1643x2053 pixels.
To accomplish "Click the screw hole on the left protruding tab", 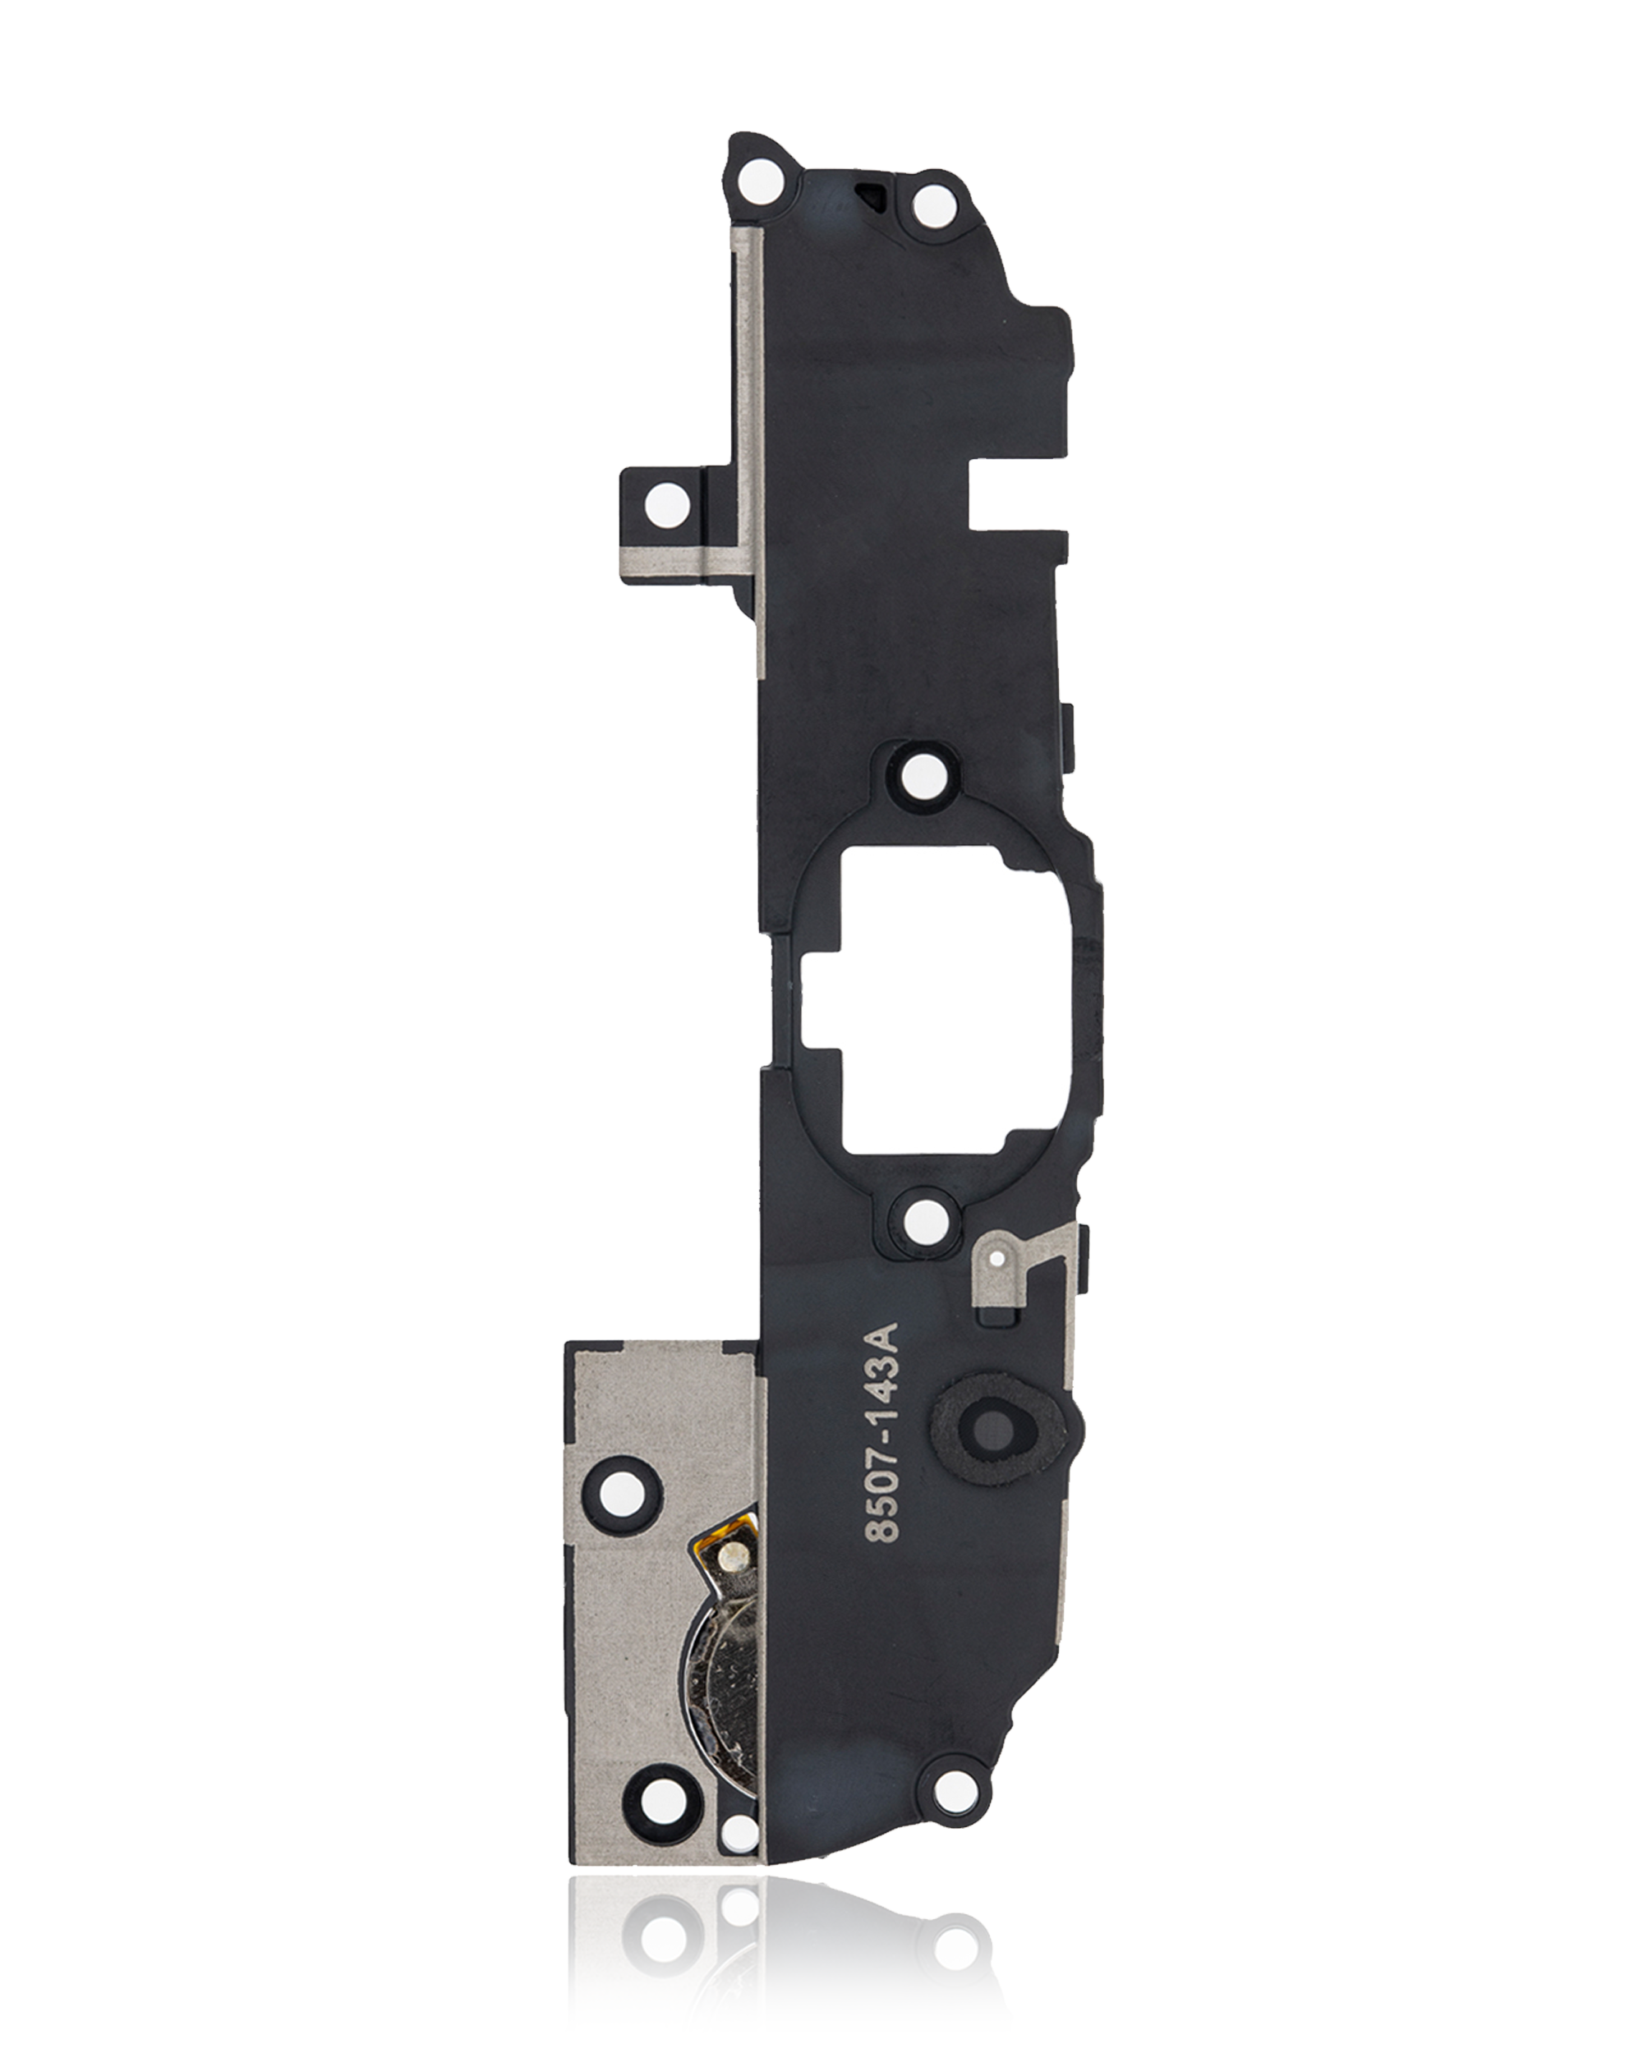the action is point(667,503).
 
